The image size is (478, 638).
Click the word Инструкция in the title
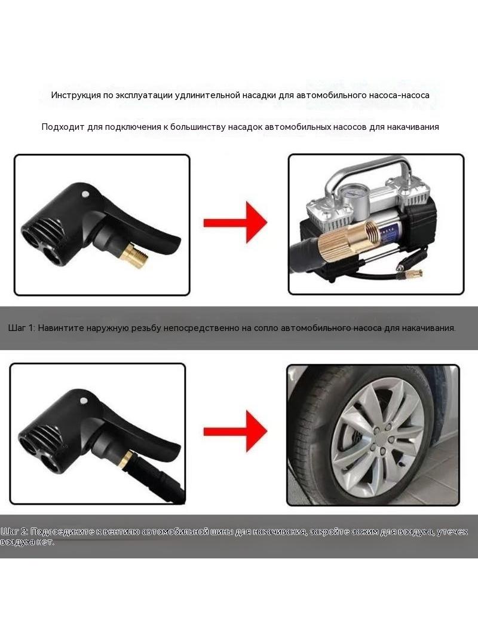tap(76, 96)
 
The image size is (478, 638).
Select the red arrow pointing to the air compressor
tap(235, 223)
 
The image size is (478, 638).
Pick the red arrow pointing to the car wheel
tap(235, 431)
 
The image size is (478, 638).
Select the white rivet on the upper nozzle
tap(85, 194)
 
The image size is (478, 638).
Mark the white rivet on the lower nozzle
tap(83, 400)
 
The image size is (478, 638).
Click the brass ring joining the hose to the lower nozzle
tap(126, 460)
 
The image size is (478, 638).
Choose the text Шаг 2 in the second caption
tap(14, 532)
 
